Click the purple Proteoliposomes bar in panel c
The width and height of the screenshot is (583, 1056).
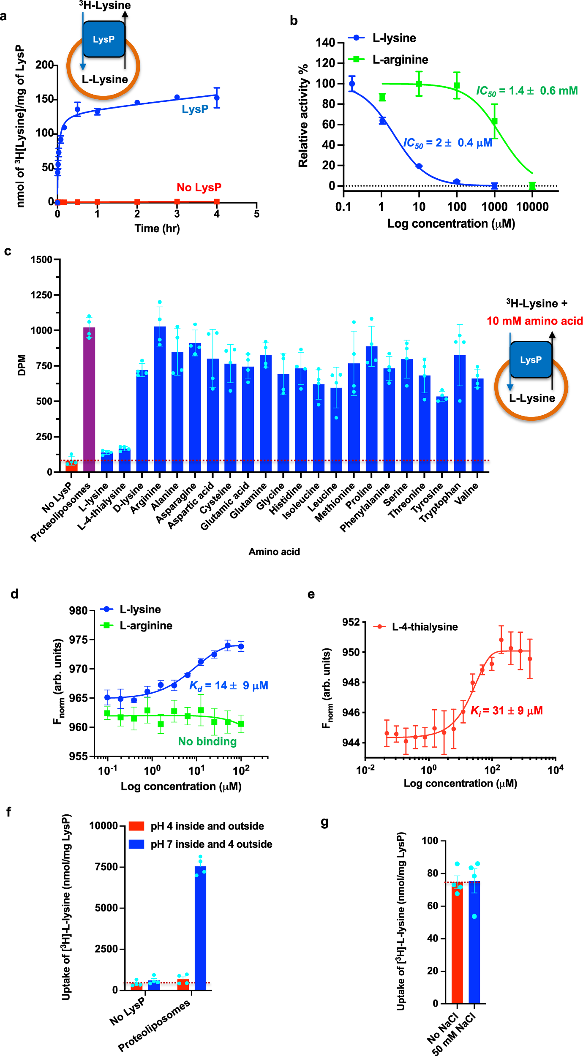(x=89, y=399)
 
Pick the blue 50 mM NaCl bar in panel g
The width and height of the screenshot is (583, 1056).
(x=474, y=942)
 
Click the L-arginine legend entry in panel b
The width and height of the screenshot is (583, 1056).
(x=400, y=60)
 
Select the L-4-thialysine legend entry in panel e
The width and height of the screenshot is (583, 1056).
(x=424, y=627)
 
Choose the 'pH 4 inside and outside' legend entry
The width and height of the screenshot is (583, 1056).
(x=207, y=826)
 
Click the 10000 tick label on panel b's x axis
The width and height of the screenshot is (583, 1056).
(x=532, y=207)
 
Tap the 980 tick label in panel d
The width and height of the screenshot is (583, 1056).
(x=78, y=611)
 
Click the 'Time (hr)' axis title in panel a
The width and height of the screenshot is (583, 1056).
(x=157, y=229)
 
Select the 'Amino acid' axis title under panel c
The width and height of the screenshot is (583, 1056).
(x=274, y=552)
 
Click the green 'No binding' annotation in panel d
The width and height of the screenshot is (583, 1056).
(x=207, y=741)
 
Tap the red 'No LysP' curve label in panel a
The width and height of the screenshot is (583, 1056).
(x=199, y=187)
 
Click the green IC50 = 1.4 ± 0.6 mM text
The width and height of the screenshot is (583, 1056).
(x=526, y=91)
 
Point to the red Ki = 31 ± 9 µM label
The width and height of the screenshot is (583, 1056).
(x=506, y=711)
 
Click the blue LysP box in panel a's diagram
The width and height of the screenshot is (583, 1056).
(x=104, y=39)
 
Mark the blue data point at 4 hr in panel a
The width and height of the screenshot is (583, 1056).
(x=217, y=98)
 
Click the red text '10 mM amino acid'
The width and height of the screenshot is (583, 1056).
(x=534, y=321)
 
